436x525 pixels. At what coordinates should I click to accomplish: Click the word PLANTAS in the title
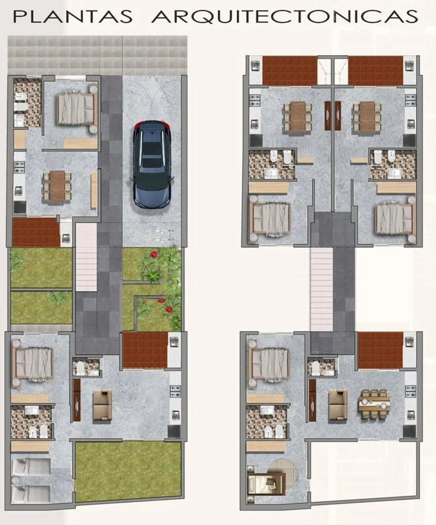click(x=73, y=17)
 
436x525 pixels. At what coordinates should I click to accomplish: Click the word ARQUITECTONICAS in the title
click(x=284, y=17)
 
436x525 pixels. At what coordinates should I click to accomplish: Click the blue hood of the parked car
click(x=153, y=193)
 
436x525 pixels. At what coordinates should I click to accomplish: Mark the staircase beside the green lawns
click(x=86, y=257)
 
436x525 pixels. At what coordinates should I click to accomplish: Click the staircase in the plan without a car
click(x=321, y=289)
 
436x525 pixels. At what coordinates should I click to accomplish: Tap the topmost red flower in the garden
click(x=153, y=255)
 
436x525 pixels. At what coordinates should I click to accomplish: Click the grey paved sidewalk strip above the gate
click(x=98, y=55)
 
